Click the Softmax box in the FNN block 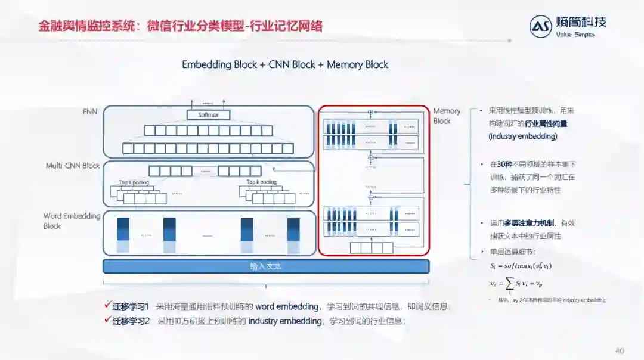point(208,114)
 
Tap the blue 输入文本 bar point(266,266)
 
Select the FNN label point(91,111)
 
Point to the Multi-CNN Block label point(73,165)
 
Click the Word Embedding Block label point(72,221)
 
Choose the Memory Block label point(447,116)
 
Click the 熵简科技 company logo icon point(541,27)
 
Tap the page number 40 point(620,350)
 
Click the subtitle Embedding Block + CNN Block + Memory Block point(285,64)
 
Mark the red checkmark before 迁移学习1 point(107,306)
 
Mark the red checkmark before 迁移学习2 point(107,320)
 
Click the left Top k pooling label point(134,182)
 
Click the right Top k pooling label point(262,182)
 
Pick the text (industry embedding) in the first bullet point(523,136)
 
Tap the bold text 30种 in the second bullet point(504,164)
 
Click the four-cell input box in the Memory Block point(371,247)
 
